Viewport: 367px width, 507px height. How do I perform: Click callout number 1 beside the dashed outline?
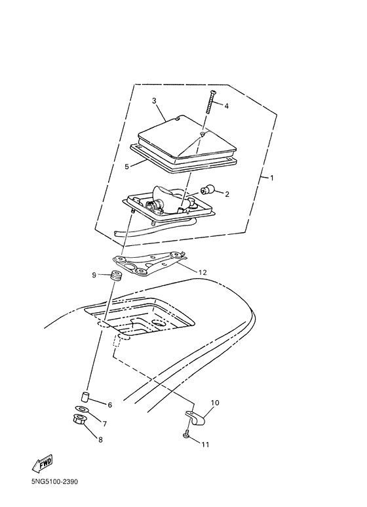(x=272, y=178)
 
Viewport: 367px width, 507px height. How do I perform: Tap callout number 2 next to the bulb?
(x=227, y=194)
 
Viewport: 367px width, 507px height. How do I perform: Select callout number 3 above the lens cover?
(x=154, y=101)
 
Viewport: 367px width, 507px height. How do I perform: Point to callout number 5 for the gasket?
(x=127, y=167)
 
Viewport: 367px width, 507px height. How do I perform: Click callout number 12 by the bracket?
(x=203, y=272)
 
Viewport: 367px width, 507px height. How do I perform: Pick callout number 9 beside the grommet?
(x=94, y=275)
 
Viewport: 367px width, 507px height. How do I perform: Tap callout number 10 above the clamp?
(x=215, y=403)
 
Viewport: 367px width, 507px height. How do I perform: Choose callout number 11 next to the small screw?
(x=206, y=445)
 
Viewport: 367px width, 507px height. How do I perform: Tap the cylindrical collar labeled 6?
(x=85, y=396)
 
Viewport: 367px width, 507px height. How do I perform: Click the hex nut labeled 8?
(x=79, y=420)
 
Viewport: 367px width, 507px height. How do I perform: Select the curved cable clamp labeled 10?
(x=196, y=417)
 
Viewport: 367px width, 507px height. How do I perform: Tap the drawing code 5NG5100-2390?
(x=54, y=482)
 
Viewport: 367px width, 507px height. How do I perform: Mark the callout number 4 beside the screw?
(x=227, y=106)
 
